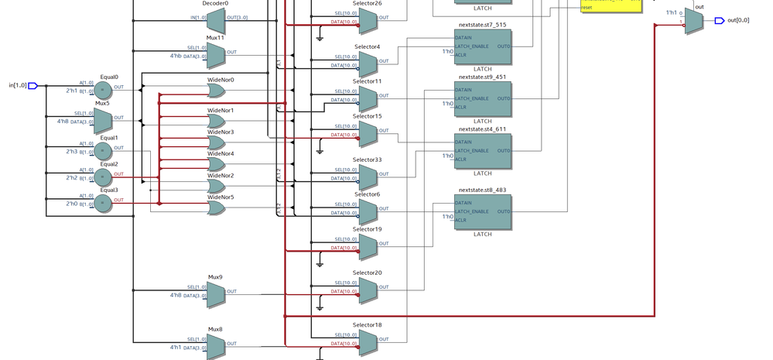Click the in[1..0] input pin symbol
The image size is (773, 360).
tap(32, 86)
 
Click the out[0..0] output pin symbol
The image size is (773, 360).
tap(720, 20)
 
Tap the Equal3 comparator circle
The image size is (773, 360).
tap(103, 203)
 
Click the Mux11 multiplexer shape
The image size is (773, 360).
tap(215, 54)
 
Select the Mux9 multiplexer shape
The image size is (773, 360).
tap(215, 293)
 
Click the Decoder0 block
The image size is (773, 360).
tap(215, 19)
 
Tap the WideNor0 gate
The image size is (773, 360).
tap(216, 91)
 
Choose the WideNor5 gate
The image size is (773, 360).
tap(216, 207)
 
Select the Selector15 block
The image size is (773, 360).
tap(368, 133)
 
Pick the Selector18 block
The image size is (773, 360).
tap(368, 342)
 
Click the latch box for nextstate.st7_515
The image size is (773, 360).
tap(482, 50)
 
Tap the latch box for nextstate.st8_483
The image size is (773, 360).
tap(482, 211)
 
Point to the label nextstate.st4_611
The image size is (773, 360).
tap(482, 129)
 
